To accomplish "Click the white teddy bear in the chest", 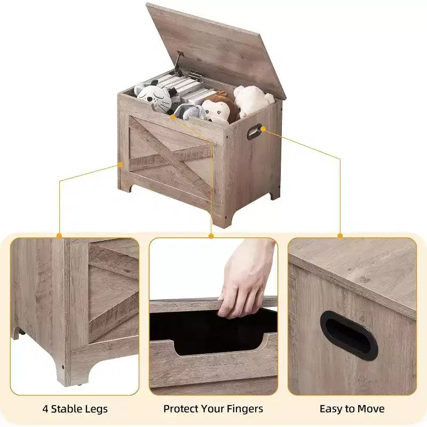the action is click(x=252, y=100).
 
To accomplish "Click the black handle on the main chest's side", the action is click(x=254, y=131).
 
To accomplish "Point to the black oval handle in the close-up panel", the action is click(x=349, y=336).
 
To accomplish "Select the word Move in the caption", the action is click(x=370, y=409).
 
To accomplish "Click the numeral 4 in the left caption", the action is click(x=45, y=409).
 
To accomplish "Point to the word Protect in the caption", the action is click(x=180, y=409).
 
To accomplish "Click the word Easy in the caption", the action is click(x=330, y=409).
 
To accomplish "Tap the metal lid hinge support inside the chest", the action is click(x=178, y=64).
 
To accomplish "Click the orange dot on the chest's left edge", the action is click(x=120, y=164).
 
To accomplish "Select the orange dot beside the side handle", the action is click(x=263, y=129).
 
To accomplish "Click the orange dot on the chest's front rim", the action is click(x=172, y=117).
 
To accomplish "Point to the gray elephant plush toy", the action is click(x=191, y=112).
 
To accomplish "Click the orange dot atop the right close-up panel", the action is click(x=340, y=235).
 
